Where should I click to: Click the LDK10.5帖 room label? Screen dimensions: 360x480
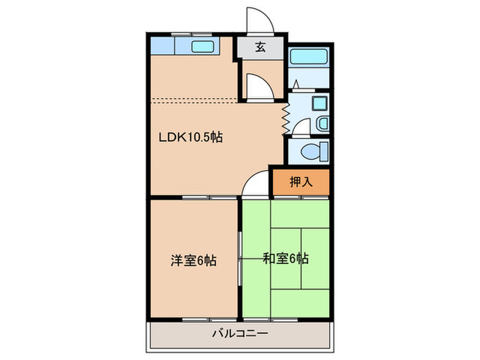(x=191, y=136)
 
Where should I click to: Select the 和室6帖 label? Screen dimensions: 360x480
(x=286, y=259)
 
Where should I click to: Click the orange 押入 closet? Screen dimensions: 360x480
(x=300, y=182)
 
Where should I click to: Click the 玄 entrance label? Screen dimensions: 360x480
(x=261, y=47)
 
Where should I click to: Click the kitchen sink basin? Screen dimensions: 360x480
(x=204, y=47)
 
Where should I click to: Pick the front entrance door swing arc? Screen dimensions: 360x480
(x=261, y=21)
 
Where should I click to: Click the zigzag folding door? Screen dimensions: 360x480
(x=285, y=118)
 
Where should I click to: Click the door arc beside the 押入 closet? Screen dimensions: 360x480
(x=255, y=184)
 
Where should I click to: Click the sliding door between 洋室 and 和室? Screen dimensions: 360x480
(x=240, y=259)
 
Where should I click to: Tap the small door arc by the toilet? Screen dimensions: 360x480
(x=300, y=128)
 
